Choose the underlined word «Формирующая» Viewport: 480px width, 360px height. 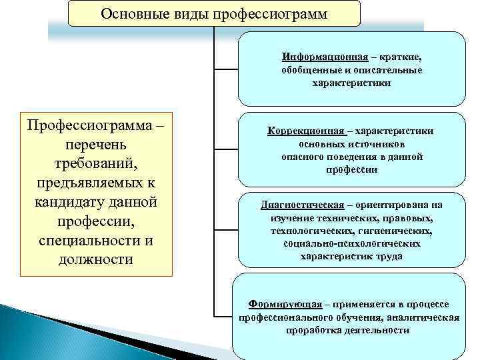[283, 303]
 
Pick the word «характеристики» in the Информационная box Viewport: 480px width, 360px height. [351, 83]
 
